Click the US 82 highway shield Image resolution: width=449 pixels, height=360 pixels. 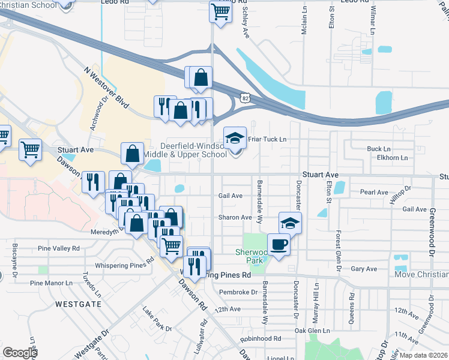coord(244,97)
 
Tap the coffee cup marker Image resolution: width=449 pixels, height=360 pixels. coord(279,244)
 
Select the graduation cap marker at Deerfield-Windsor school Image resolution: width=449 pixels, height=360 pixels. coord(235,137)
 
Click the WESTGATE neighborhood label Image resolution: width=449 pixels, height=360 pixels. coord(78,304)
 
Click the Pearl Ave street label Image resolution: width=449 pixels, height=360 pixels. coord(374,193)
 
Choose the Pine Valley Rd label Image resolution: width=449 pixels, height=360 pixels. coord(58,248)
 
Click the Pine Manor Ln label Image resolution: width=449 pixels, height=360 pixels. coord(55,282)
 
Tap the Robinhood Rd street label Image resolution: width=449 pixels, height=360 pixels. coord(261,338)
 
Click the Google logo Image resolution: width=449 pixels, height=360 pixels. coord(20,353)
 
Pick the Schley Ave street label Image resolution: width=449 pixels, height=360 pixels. coord(246,24)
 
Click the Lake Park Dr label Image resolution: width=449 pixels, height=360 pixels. coord(157,320)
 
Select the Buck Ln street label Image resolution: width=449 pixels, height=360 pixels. coord(379,149)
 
